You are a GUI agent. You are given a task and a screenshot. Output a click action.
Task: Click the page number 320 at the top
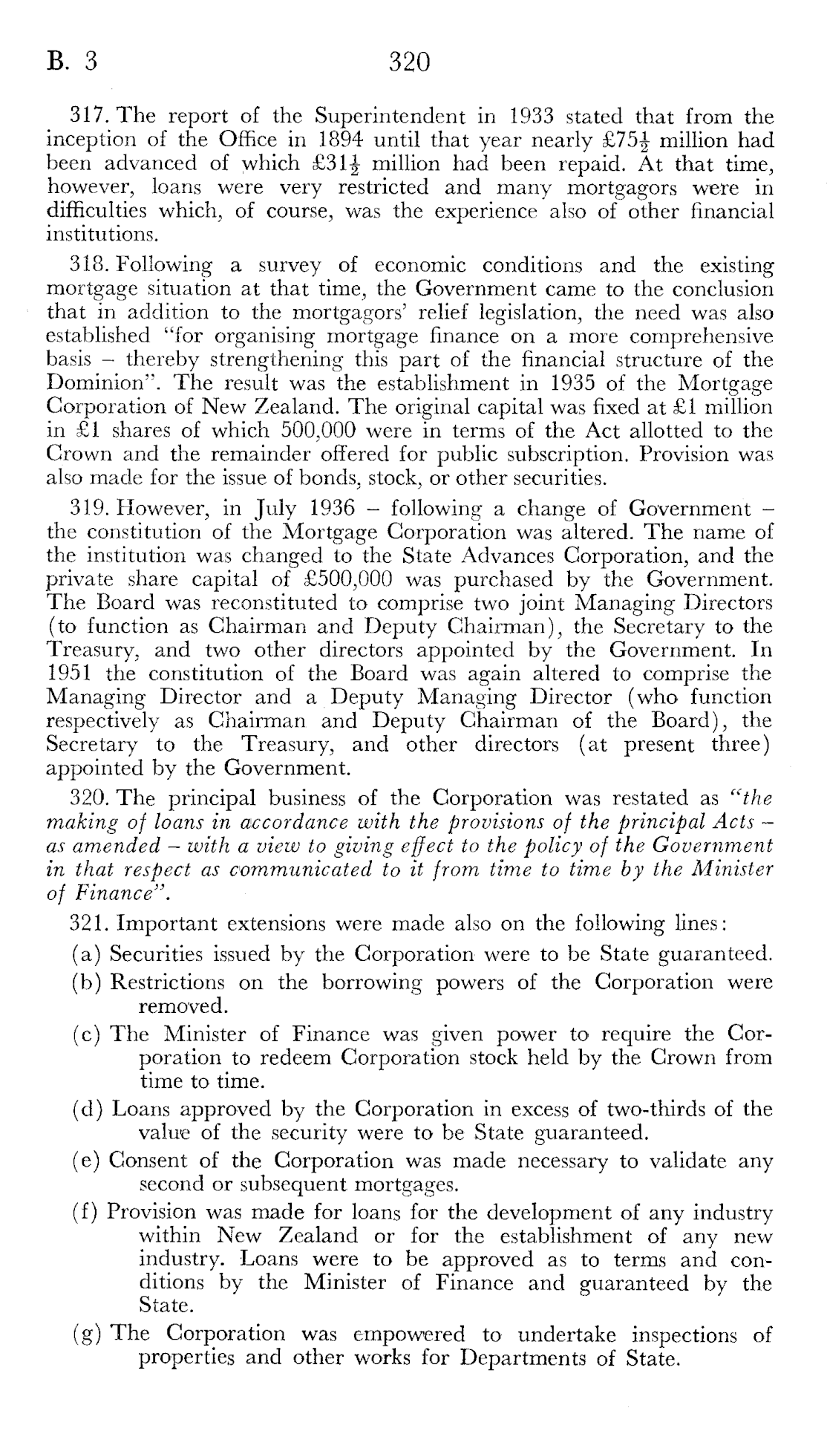pyautogui.click(x=409, y=61)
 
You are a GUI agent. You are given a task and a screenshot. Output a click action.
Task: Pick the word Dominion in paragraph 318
pyautogui.click(x=88, y=383)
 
